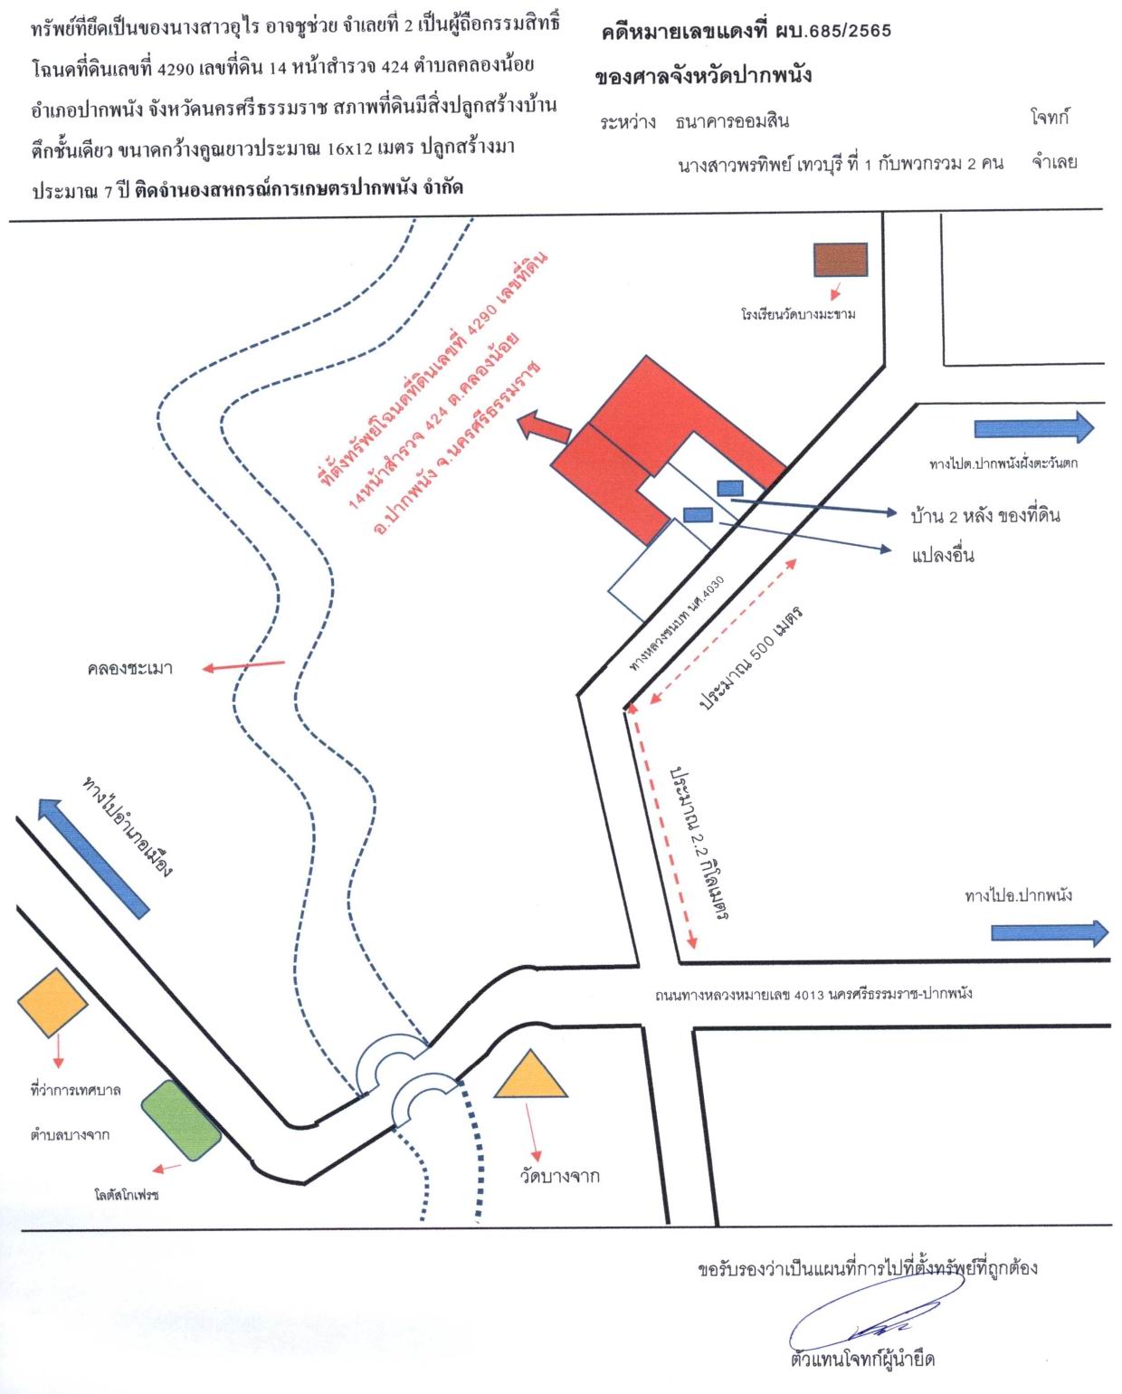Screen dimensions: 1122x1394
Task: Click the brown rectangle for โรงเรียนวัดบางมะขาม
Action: pyautogui.click(x=840, y=260)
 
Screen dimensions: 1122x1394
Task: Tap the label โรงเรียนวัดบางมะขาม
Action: pyautogui.click(x=798, y=314)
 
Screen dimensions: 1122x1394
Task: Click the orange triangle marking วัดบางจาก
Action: pyautogui.click(x=530, y=1075)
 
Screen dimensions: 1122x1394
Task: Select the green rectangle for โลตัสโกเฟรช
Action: pyautogui.click(x=181, y=1120)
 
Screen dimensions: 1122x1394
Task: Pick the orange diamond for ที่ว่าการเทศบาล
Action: pyautogui.click(x=52, y=1003)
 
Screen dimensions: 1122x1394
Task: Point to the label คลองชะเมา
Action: pyautogui.click(x=130, y=669)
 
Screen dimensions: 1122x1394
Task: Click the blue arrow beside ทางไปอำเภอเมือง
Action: pyautogui.click(x=93, y=858)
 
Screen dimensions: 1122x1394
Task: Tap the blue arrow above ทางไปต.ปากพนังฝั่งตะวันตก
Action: pyautogui.click(x=1033, y=427)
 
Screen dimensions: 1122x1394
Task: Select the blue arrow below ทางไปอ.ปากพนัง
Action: pyautogui.click(x=1050, y=932)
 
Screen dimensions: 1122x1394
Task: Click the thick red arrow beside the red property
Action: pyautogui.click(x=544, y=427)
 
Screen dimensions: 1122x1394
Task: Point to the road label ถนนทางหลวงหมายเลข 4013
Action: pyautogui.click(x=813, y=994)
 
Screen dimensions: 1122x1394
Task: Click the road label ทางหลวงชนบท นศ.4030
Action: pyautogui.click(x=677, y=622)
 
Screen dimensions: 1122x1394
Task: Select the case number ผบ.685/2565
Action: pyautogui.click(x=833, y=31)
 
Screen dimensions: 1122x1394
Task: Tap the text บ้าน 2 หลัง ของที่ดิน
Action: pyautogui.click(x=984, y=516)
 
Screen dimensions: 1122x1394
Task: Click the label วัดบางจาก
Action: pyautogui.click(x=560, y=1175)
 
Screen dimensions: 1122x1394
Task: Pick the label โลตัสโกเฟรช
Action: pyautogui.click(x=127, y=1195)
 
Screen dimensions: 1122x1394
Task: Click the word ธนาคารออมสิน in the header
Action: pyautogui.click(x=732, y=121)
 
